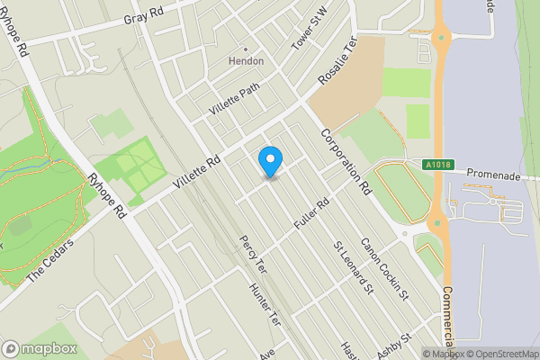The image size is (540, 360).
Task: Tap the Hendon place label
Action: tap(246, 60)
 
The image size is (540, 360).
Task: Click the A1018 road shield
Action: tap(436, 165)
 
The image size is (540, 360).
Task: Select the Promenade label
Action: tap(495, 177)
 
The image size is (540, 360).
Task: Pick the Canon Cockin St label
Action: tap(385, 269)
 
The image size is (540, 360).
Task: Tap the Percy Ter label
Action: tap(252, 256)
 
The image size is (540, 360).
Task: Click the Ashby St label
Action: tap(394, 346)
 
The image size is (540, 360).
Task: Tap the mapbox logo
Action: tap(36, 348)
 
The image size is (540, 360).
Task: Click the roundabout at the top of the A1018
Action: tap(441, 38)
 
